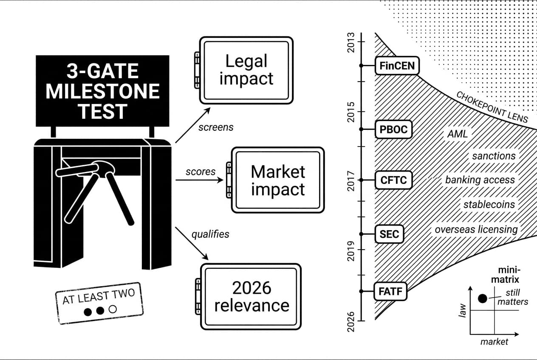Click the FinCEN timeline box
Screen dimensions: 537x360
coord(397,66)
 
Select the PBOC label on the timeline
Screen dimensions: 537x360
coord(393,129)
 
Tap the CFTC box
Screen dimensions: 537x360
coord(394,180)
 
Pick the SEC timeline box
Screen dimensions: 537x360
coord(389,234)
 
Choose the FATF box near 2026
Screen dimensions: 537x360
coord(390,291)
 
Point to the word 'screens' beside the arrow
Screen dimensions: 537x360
coord(216,127)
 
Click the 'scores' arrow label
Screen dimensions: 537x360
coord(201,172)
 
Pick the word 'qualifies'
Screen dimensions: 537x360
coord(210,234)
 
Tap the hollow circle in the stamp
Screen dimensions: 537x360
coord(113,309)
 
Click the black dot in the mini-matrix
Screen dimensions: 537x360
coord(482,298)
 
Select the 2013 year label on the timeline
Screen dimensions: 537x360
coord(351,42)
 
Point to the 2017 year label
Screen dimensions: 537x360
coord(351,181)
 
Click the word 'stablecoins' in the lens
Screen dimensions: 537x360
coord(489,205)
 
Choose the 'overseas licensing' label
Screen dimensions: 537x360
coord(476,230)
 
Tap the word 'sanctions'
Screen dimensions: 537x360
coord(494,156)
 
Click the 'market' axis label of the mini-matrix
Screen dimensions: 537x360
coord(494,342)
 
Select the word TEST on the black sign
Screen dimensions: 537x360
coord(103,112)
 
